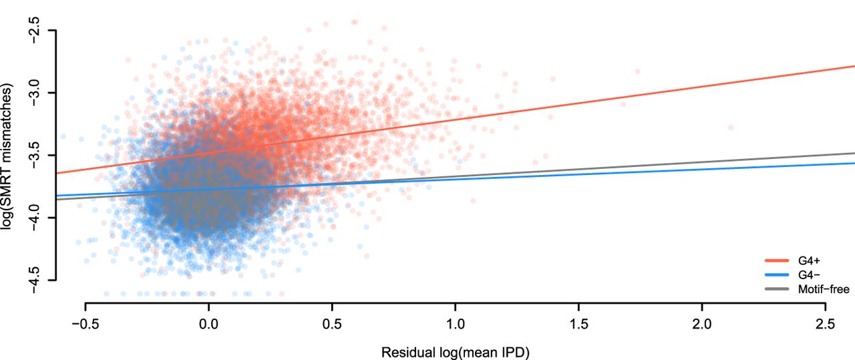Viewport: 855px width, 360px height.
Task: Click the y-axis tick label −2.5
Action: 35,30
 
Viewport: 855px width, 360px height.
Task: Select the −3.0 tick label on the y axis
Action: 35,92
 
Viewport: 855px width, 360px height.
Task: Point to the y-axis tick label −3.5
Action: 35,155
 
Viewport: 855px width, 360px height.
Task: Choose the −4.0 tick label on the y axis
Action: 35,217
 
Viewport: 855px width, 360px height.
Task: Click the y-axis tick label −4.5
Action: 35,280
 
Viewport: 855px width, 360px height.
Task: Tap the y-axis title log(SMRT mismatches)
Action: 9,154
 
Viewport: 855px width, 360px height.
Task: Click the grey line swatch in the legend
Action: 777,289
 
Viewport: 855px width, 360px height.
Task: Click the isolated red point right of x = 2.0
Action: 730,127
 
